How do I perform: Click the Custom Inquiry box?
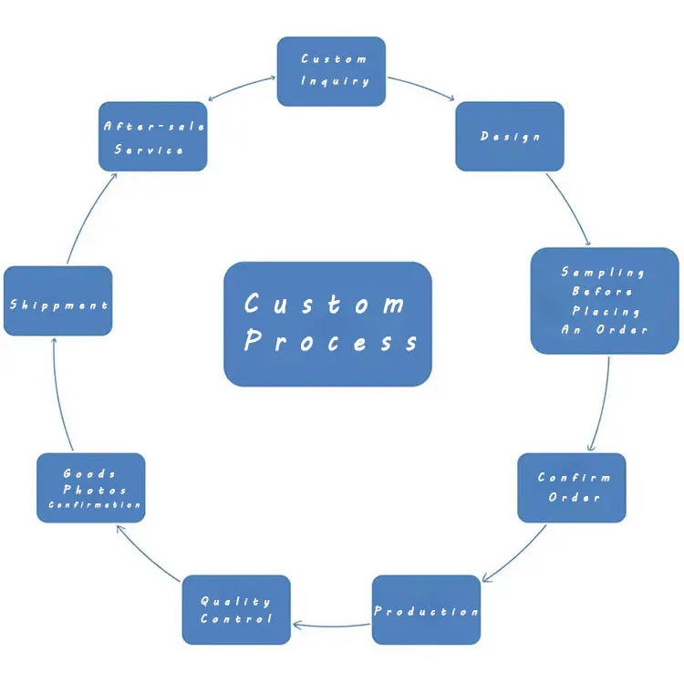coord(331,71)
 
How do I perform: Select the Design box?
coord(509,136)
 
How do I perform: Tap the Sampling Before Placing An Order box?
coord(605,300)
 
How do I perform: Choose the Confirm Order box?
coord(572,488)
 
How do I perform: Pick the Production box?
coord(426,610)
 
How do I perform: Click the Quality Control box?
coord(236,609)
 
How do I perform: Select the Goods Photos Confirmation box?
coord(90,488)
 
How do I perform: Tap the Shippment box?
coord(58,301)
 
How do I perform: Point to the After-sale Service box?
coord(152,137)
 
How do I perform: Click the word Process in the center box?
coord(331,342)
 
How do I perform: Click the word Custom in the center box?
coord(326,304)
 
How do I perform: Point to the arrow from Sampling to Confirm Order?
coord(602,403)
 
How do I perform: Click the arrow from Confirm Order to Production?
coord(515,553)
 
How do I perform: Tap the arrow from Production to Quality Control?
coord(332,626)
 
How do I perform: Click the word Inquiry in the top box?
coord(336,81)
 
